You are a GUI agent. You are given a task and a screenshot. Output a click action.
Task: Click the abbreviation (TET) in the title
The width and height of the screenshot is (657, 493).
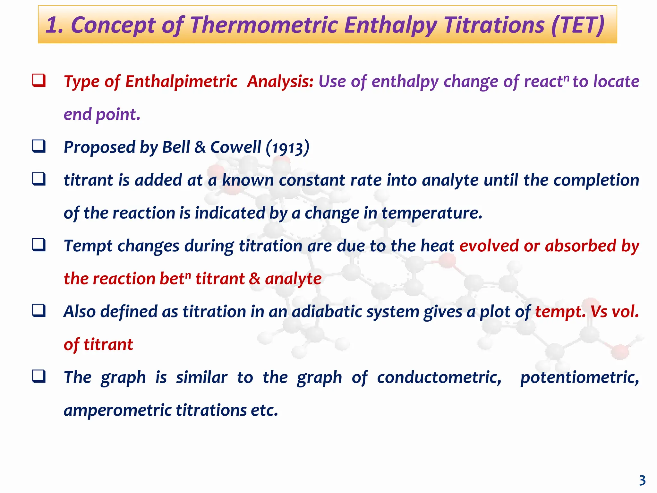pos(578,25)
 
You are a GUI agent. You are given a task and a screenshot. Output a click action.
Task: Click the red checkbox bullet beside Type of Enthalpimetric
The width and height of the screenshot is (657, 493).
pos(38,80)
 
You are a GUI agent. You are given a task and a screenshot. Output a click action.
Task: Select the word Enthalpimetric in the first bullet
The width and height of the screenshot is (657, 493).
pos(181,82)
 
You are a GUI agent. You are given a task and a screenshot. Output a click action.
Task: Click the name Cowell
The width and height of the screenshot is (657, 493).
pos(235,147)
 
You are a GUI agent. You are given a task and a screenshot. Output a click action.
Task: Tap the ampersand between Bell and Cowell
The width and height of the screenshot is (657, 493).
pos(200,147)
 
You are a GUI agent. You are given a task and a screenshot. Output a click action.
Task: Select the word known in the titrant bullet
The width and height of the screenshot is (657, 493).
pos(248,180)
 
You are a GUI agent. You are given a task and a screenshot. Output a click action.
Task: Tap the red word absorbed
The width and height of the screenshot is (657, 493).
pos(581,246)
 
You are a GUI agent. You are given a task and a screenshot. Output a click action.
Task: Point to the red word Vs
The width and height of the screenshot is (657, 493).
pos(599,312)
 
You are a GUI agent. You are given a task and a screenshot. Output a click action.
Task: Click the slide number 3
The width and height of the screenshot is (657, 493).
pos(642,480)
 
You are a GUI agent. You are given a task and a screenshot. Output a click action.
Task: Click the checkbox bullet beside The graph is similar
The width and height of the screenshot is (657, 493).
pos(38,376)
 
